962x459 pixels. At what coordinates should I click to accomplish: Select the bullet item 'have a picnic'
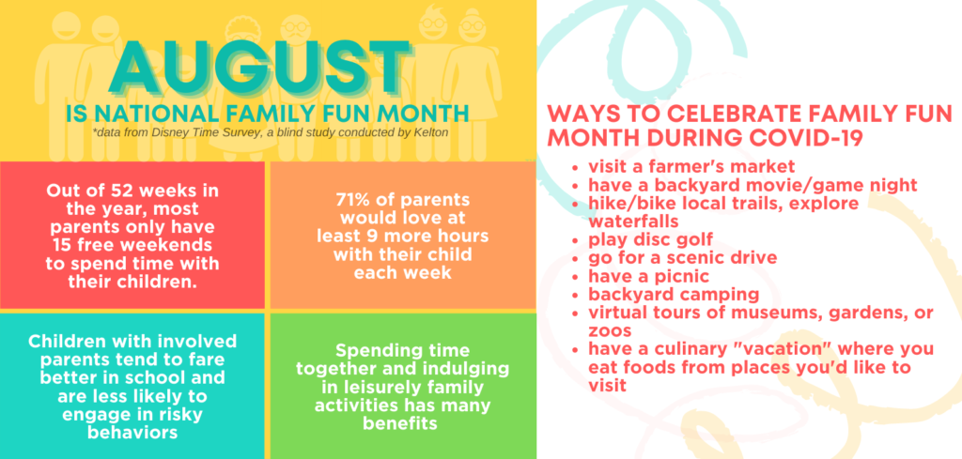coord(648,276)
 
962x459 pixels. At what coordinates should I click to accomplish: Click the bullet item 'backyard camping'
coord(674,294)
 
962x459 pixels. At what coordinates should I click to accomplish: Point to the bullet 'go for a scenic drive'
coord(682,257)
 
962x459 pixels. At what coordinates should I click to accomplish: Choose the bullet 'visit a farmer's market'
coord(691,166)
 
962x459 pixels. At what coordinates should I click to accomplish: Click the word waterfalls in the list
coord(633,220)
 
